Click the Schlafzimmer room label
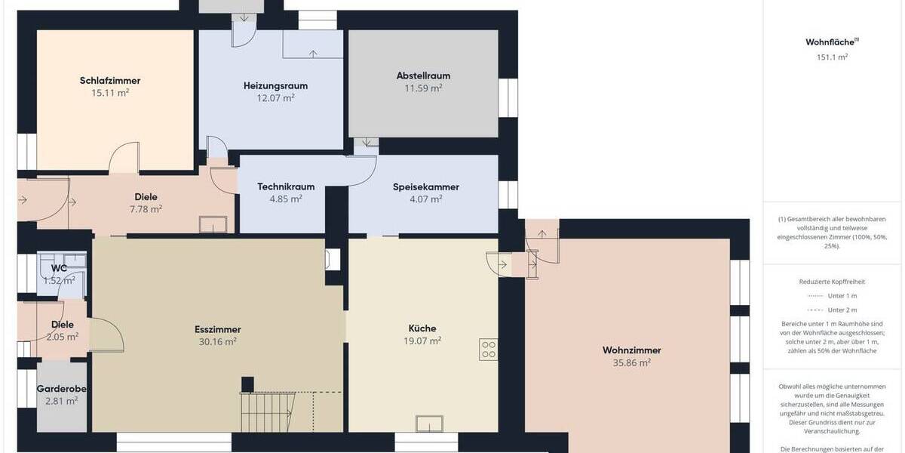110,81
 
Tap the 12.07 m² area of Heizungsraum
275,97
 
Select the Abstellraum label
423,75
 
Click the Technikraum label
286,186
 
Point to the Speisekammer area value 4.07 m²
425,199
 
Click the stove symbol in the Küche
489,350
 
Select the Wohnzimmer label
631,350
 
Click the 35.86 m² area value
631,362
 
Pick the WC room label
60,268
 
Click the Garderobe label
63,389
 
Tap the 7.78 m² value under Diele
146,209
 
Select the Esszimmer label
217,329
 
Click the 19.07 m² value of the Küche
422,341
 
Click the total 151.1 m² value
832,57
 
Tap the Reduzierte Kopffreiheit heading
832,282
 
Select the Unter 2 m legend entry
842,310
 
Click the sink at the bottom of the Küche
428,423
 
